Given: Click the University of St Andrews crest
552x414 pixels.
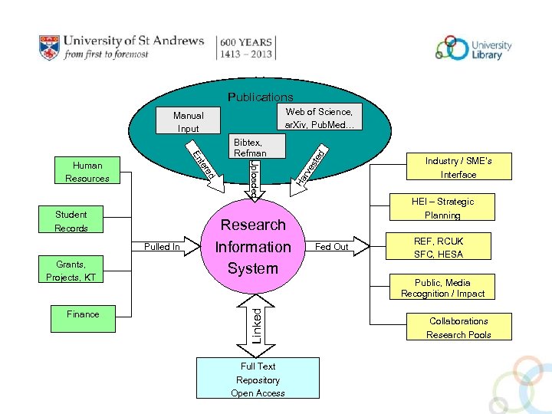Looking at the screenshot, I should click(x=49, y=48).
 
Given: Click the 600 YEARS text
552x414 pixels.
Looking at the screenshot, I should click(x=247, y=41).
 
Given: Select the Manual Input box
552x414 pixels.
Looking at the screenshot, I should click(x=188, y=122).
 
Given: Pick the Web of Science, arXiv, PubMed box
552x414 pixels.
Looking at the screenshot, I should click(x=318, y=118).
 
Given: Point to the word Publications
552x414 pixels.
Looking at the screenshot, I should click(x=260, y=97).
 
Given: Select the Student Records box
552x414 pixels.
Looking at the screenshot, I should click(x=71, y=221).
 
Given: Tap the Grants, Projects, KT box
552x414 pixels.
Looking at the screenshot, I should click(x=71, y=270).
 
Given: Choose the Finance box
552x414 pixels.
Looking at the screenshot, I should click(x=83, y=314).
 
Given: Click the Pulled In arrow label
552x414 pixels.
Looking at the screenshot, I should click(x=162, y=247).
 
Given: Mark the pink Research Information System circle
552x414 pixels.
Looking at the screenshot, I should click(x=252, y=247).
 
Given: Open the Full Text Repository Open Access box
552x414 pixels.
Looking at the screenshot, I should click(x=257, y=379).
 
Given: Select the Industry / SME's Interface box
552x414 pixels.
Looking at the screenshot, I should click(x=458, y=167).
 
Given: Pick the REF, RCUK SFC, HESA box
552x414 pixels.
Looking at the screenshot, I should click(x=439, y=247).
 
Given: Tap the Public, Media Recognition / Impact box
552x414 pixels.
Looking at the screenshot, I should click(x=443, y=287).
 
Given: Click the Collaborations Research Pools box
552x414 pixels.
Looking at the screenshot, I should click(x=458, y=327).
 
